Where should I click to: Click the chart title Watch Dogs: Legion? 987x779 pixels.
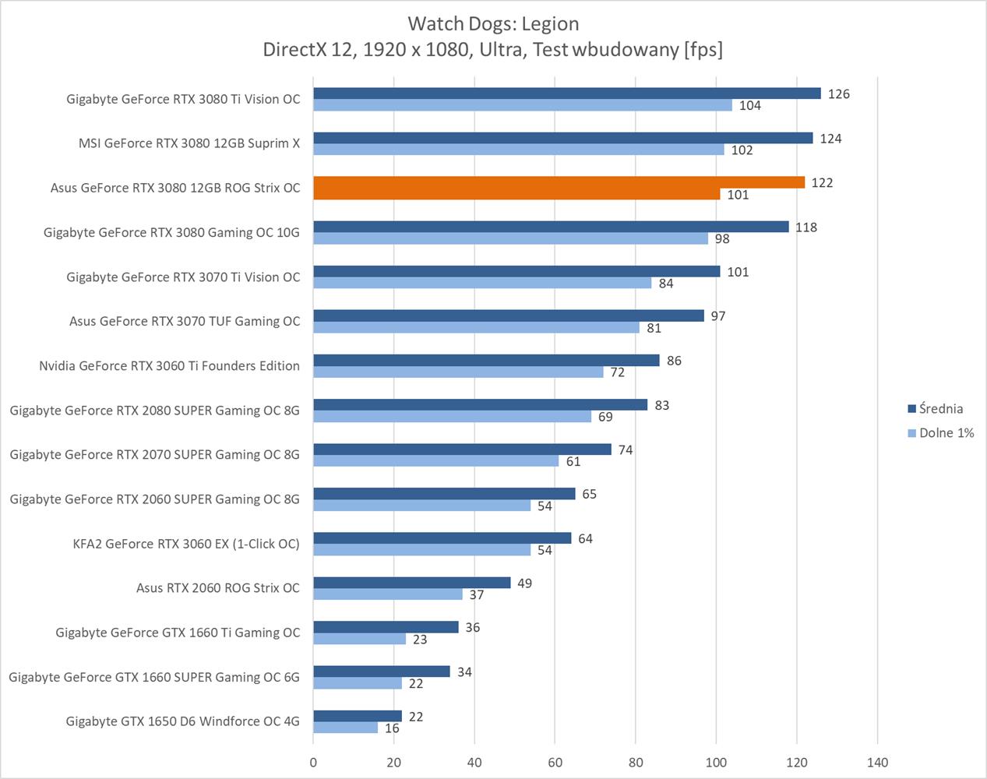493,23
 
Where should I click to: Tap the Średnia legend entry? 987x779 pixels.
940,409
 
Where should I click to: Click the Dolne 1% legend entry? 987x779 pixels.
946,433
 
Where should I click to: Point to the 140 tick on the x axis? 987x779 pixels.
877,762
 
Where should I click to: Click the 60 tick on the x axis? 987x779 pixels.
555,762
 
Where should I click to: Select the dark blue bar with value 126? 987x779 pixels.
566,93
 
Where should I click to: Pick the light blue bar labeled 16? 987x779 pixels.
346,728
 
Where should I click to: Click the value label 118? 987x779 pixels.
806,227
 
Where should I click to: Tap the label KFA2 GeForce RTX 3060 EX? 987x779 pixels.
185,544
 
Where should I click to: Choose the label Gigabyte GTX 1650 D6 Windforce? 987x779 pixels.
182,721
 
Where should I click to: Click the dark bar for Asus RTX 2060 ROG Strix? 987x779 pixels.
411,583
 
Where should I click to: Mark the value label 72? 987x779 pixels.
618,372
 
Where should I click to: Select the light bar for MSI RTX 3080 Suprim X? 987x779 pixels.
518,150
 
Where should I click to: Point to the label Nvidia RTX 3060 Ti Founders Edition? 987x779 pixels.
169,366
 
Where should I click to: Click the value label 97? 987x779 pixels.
718,316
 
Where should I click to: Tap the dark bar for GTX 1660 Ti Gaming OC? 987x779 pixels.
386,627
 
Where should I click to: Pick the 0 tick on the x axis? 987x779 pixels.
313,762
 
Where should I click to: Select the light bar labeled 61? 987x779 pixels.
435,461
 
